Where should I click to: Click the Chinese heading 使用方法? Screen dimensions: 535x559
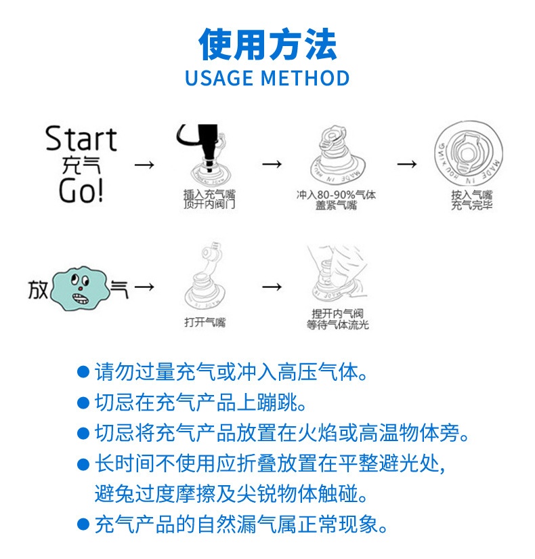click(267, 45)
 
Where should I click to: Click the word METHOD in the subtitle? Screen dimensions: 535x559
click(305, 78)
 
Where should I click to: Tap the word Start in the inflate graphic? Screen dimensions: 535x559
click(81, 140)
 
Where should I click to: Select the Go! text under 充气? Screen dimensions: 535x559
click(81, 190)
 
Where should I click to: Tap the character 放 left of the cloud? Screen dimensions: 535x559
click(38, 289)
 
